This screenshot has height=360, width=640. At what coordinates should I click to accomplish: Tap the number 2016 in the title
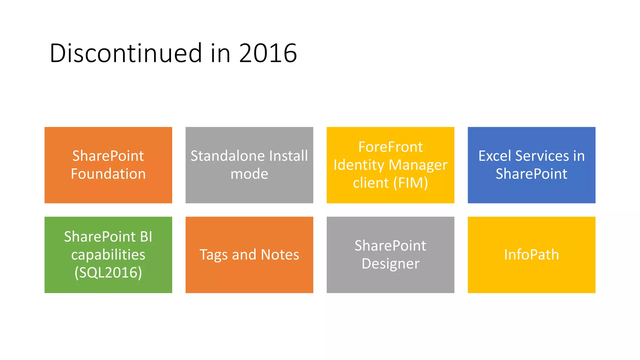pyautogui.click(x=268, y=53)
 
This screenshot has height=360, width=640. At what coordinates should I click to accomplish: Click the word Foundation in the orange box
pyautogui.click(x=108, y=174)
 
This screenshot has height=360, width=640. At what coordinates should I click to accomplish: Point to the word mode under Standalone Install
pyautogui.click(x=249, y=174)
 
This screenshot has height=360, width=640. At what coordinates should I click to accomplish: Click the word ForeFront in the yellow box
pyautogui.click(x=390, y=147)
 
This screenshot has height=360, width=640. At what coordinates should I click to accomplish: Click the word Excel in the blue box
pyautogui.click(x=495, y=156)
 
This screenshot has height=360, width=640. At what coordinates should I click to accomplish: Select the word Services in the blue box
pyautogui.click(x=542, y=156)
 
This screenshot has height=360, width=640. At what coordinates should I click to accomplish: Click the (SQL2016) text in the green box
pyautogui.click(x=108, y=272)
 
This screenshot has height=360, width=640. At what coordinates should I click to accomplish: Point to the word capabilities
pyautogui.click(x=108, y=255)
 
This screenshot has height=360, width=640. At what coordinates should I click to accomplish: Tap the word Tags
pyautogui.click(x=213, y=255)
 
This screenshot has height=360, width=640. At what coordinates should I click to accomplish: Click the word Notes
pyautogui.click(x=280, y=255)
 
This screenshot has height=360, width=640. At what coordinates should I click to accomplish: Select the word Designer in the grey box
pyautogui.click(x=390, y=264)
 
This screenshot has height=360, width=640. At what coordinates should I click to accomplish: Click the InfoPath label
pyautogui.click(x=531, y=255)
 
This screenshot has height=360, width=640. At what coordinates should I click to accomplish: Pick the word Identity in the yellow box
pyautogui.click(x=358, y=165)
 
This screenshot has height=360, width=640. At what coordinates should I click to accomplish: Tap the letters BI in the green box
pyautogui.click(x=146, y=237)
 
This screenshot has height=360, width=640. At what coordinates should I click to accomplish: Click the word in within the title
pyautogui.click(x=220, y=53)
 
